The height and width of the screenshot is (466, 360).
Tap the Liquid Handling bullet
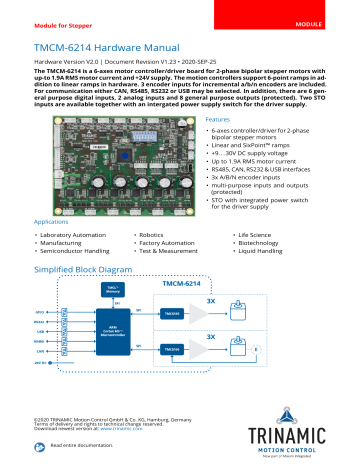pyautogui.click(x=260, y=250)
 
